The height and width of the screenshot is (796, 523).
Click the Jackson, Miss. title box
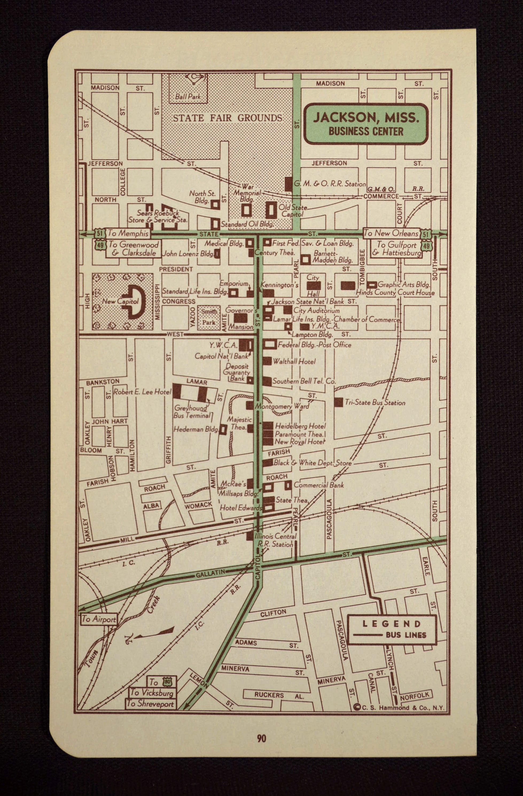coord(366,124)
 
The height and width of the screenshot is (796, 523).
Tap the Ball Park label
coord(188,97)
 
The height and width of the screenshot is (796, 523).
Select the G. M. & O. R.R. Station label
coord(330,184)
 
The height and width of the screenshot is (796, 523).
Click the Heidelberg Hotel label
coord(300,426)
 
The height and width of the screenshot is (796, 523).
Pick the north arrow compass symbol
coord(150,634)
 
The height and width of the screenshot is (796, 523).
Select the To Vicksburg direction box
coord(152,693)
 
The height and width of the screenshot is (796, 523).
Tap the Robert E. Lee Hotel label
coord(142,392)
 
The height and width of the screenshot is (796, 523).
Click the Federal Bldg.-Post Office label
coord(314,344)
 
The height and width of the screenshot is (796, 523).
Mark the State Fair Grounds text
coord(227,118)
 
